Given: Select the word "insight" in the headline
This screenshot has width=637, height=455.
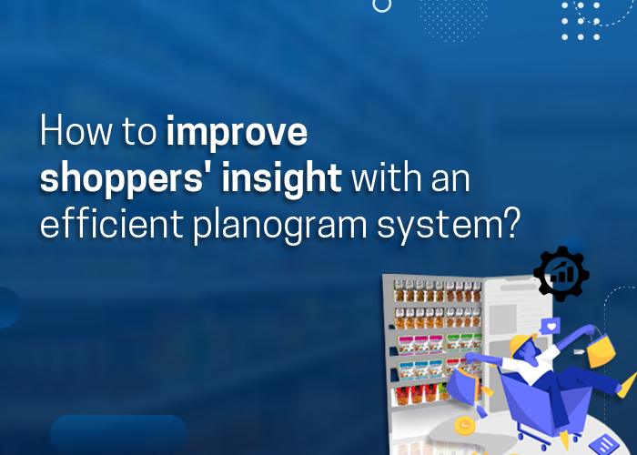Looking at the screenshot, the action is click(281, 177).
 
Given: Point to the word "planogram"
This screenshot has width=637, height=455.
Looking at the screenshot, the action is click(280, 225).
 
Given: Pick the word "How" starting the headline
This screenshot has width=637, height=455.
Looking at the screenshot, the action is click(76, 131).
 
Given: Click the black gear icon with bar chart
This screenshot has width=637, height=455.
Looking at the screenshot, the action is click(561, 273).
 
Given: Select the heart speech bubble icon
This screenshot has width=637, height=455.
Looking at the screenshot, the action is click(551, 326).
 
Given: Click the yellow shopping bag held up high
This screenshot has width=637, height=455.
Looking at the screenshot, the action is click(602, 349).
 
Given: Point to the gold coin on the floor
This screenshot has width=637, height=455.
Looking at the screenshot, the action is click(464, 426).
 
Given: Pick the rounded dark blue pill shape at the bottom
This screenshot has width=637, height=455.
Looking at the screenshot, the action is click(118, 435).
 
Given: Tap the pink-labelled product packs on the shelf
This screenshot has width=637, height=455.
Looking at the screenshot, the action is click(420, 344).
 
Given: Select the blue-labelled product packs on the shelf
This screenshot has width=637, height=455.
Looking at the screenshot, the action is click(420, 370).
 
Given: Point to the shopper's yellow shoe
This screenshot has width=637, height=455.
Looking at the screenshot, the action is click(627, 386).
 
